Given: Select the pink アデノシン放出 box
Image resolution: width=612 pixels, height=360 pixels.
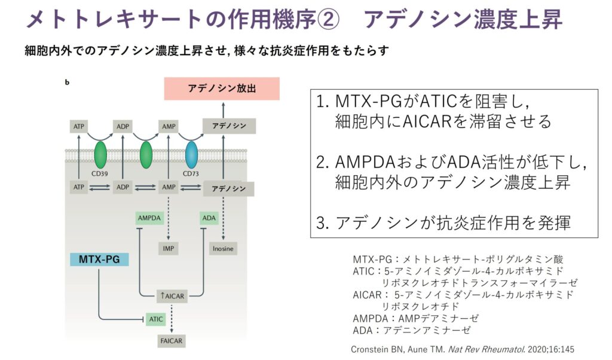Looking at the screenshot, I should coord(222,89).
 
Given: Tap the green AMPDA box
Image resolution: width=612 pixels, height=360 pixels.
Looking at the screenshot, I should coord(149,218).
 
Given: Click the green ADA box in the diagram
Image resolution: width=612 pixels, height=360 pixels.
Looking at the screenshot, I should coord(209,218).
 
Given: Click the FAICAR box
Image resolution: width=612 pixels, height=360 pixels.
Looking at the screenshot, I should coord(170,341).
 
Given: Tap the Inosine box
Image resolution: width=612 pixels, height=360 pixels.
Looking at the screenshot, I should coord(222,248).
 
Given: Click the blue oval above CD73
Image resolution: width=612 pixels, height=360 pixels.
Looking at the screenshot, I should coord(192,155).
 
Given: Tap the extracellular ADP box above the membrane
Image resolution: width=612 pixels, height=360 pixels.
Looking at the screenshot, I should coord(124,127).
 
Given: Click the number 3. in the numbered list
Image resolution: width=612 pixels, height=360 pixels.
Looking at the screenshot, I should coord(323,223).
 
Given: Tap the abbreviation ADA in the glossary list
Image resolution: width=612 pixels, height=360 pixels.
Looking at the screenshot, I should coord(362,330).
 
